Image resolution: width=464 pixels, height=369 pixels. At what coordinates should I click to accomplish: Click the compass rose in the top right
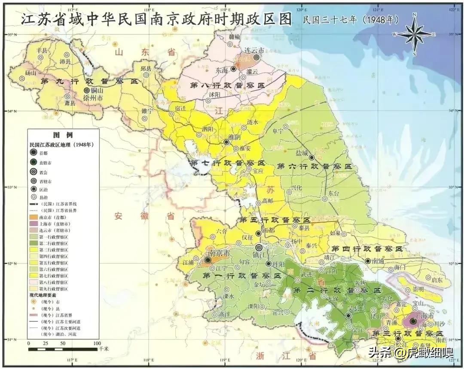pyautogui.click(x=415, y=34)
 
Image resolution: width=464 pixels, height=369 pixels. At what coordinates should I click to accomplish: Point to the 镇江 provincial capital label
pyautogui.click(x=259, y=256)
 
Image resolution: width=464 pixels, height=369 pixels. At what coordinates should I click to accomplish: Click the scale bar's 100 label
pyautogui.click(x=97, y=343)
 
